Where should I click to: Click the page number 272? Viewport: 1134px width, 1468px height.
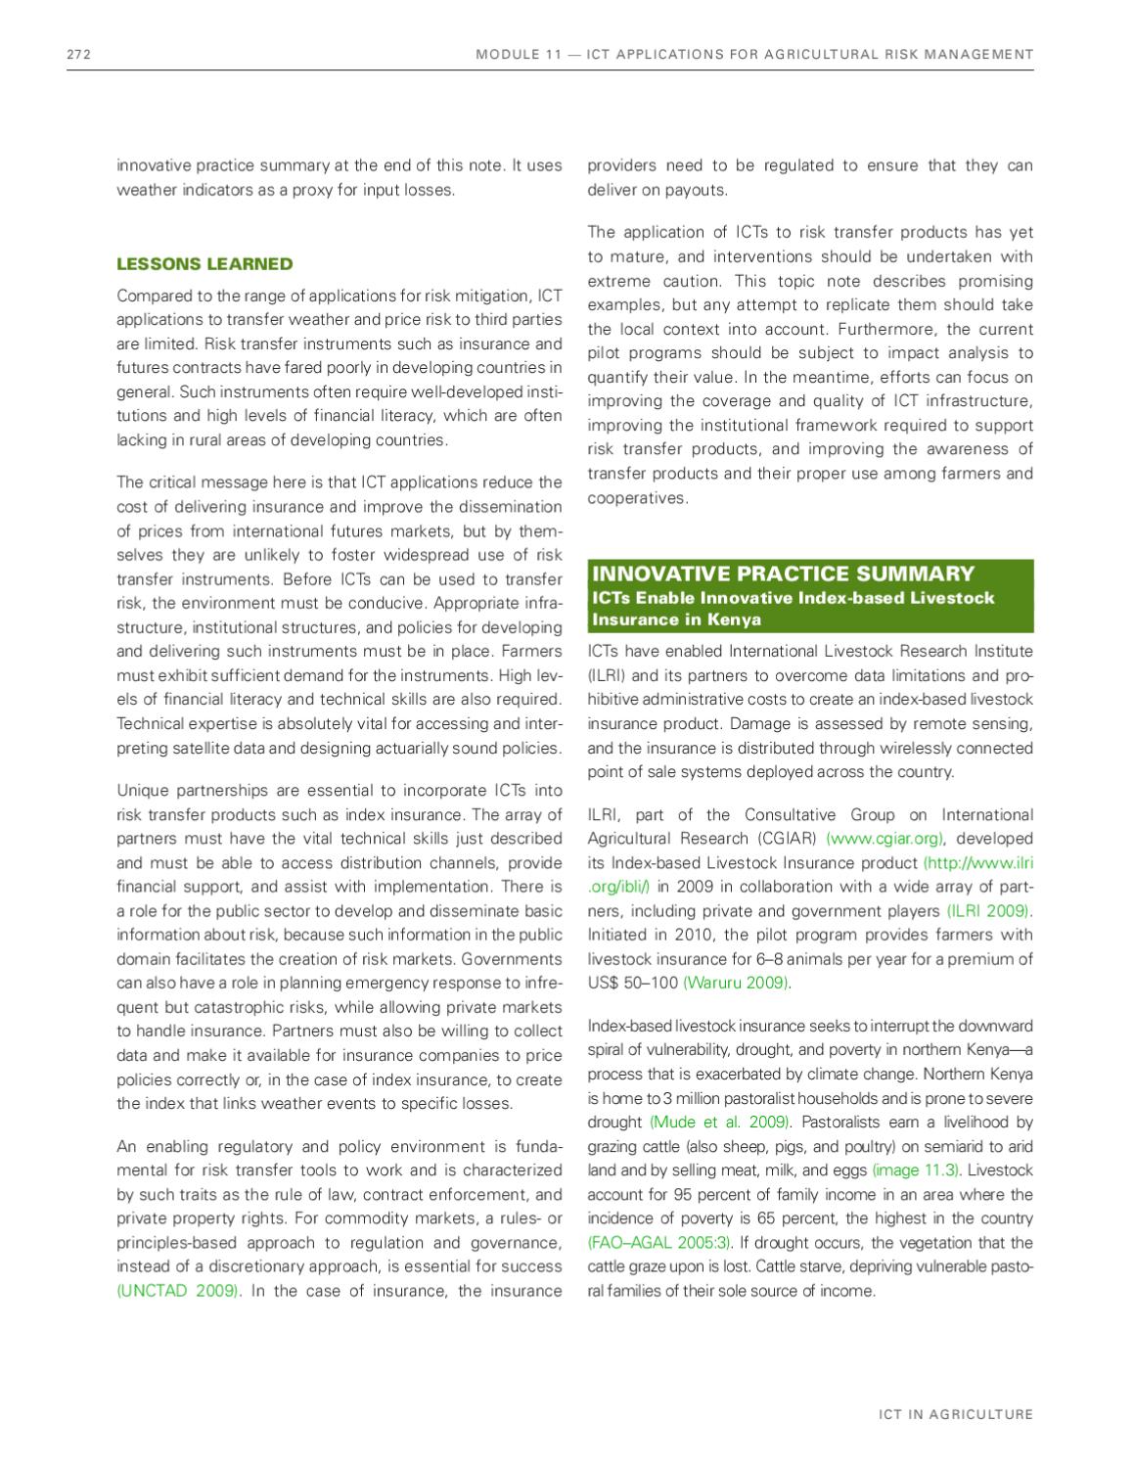pyautogui.click(x=78, y=55)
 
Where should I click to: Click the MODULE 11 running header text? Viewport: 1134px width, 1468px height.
pyautogui.click(x=753, y=55)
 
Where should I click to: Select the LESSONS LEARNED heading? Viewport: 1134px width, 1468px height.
pyautogui.click(x=204, y=263)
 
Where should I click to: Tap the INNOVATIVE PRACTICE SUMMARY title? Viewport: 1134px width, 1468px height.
pyautogui.click(x=783, y=573)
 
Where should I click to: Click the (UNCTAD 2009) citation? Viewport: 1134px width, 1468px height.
pyautogui.click(x=178, y=1290)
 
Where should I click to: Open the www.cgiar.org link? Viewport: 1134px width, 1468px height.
pyautogui.click(x=885, y=839)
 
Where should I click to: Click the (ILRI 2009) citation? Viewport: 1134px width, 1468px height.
pyautogui.click(x=988, y=911)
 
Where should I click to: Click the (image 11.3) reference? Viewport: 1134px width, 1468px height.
pyautogui.click(x=916, y=1170)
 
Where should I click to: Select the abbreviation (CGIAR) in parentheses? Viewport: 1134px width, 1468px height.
pyautogui.click(x=786, y=839)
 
